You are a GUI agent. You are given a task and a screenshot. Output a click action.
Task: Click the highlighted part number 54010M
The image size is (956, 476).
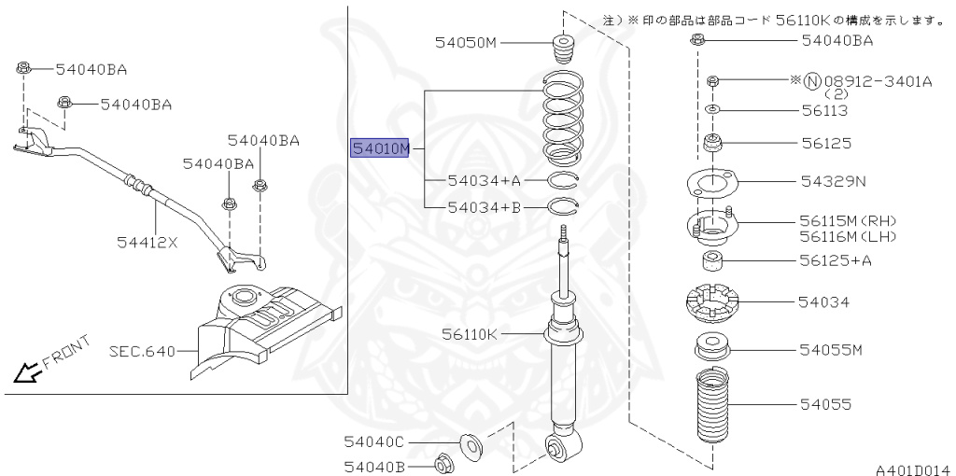coord(379,148)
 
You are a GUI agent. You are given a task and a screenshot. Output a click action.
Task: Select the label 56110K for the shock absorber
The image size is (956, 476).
coord(471,335)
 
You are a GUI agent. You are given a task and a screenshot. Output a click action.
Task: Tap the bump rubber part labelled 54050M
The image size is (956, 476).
coord(565,50)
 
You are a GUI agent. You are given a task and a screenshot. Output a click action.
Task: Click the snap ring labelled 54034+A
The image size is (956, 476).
coord(562,180)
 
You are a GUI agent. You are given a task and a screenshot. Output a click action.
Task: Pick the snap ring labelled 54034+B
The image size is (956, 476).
coord(562,206)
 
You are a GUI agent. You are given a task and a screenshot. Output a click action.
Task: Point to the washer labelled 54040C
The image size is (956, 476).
coord(471,443)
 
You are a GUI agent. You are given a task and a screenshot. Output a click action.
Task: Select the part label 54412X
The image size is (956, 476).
coord(147,243)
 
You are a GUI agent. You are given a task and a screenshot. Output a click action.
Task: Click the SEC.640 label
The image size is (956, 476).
coord(142,351)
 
